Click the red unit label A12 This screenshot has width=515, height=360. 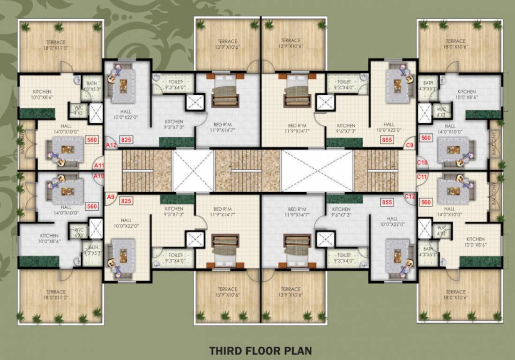111,145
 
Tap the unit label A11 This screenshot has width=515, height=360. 99,165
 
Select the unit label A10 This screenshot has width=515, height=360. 99,176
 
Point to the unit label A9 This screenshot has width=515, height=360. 111,197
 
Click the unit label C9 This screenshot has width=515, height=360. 410,145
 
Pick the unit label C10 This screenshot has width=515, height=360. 422,163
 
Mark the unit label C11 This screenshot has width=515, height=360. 422,177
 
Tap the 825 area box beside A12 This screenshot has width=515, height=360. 126,140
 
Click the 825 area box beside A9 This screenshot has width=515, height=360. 126,201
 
